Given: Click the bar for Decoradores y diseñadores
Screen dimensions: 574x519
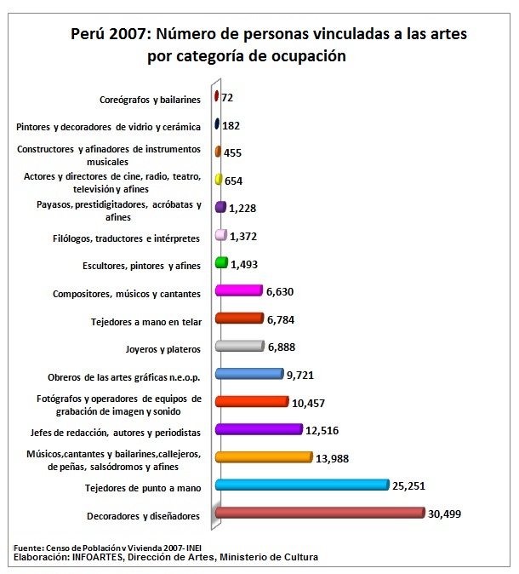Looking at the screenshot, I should coord(320,513).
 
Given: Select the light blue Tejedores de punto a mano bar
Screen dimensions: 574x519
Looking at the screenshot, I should coord(302,485).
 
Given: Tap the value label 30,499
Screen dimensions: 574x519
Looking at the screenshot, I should coord(446,514).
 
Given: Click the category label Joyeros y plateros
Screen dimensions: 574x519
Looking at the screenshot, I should coord(162,347).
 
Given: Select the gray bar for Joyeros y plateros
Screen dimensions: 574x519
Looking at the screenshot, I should coord(240,346).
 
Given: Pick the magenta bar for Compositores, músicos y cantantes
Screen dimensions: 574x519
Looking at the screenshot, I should coord(239,290).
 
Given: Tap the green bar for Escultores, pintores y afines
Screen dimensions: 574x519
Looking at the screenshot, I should coord(221,263).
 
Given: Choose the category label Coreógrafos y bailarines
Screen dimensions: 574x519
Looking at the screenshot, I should coord(150,99).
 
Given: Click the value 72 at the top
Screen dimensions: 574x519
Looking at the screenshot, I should coord(227,98).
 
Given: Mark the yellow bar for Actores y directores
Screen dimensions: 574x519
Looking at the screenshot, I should coord(219,180).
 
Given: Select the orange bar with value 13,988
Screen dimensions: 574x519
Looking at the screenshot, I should coord(264,457).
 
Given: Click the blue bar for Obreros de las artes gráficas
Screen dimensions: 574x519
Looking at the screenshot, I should coord(249,374).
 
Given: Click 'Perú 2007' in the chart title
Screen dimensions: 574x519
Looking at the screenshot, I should coord(106,35).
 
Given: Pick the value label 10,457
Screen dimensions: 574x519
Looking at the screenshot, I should coord(312,402).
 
